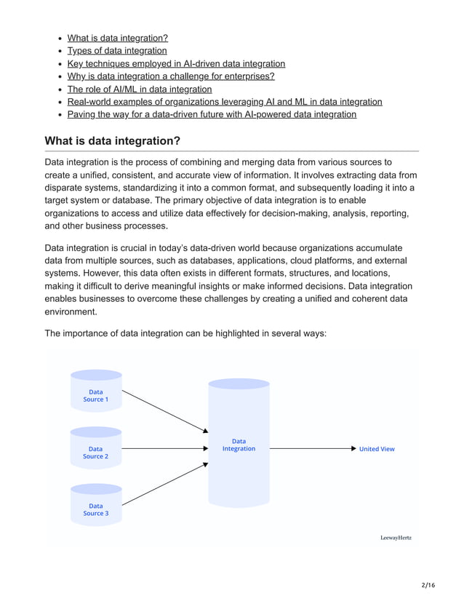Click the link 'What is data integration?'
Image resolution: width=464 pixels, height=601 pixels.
click(117, 38)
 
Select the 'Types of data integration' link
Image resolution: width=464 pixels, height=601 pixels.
click(117, 51)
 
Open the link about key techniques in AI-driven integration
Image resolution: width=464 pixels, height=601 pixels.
click(176, 64)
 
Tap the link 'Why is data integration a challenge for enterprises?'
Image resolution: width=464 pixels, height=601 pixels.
click(171, 76)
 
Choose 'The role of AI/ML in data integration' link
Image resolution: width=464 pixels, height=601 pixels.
click(140, 89)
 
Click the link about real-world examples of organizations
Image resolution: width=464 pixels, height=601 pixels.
click(225, 102)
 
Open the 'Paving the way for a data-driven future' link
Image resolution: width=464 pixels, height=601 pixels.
click(212, 115)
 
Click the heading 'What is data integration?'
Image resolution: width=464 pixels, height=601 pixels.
click(113, 140)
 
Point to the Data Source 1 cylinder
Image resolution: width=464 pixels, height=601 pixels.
click(95, 395)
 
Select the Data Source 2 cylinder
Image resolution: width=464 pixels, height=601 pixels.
click(95, 452)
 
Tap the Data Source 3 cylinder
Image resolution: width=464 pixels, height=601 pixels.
click(95, 509)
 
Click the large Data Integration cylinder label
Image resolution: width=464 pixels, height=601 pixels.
click(239, 445)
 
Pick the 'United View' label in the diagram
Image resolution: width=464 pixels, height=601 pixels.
click(377, 449)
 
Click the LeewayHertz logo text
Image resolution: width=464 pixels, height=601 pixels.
click(396, 538)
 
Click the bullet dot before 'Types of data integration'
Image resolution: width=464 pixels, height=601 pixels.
click(59, 52)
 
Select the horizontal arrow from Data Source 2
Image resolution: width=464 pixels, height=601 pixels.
click(164, 449)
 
